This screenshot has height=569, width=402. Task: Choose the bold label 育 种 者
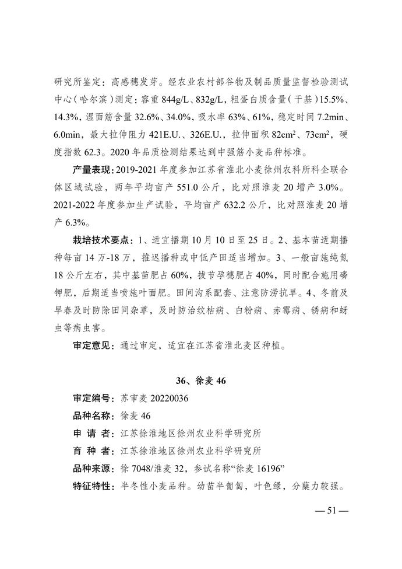point(91,451)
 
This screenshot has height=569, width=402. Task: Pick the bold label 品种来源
point(91,469)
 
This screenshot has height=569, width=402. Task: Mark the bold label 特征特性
point(91,486)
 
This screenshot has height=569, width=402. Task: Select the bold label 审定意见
point(91,345)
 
